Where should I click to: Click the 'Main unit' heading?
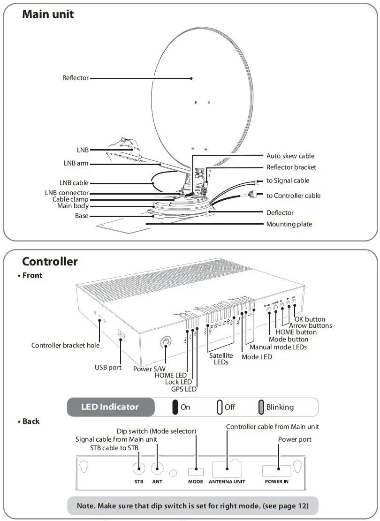pos(48,15)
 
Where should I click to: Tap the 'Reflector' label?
pos(76,78)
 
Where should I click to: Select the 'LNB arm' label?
pos(76,164)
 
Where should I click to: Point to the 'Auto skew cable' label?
pos(290,156)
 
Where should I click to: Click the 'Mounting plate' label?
pos(289,224)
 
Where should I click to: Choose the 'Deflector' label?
pos(280,212)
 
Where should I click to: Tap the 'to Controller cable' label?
pos(294,196)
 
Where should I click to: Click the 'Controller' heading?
pos(50,262)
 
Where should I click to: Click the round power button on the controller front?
pos(165,341)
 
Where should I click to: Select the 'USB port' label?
pos(108,368)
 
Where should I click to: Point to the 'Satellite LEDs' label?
pos(221,359)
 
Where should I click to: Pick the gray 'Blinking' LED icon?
pos(261,407)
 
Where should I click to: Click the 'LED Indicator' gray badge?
pos(110,407)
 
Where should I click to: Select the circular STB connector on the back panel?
pos(139,469)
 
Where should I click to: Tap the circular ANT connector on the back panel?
pos(157,469)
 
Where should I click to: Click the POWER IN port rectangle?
pos(276,469)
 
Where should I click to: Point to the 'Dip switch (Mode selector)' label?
pos(156,431)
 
